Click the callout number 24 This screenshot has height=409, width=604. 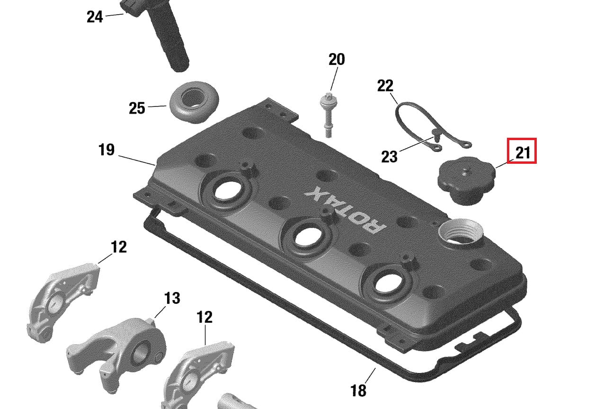point(95,17)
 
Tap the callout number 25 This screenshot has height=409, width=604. point(137,108)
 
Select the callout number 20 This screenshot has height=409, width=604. point(337,59)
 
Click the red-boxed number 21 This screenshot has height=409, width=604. point(522,153)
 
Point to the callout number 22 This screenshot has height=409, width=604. point(385,86)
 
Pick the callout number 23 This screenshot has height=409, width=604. point(389,156)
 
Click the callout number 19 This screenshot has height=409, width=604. point(106,150)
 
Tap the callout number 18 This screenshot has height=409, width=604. point(358,390)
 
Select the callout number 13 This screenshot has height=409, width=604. point(172,298)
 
